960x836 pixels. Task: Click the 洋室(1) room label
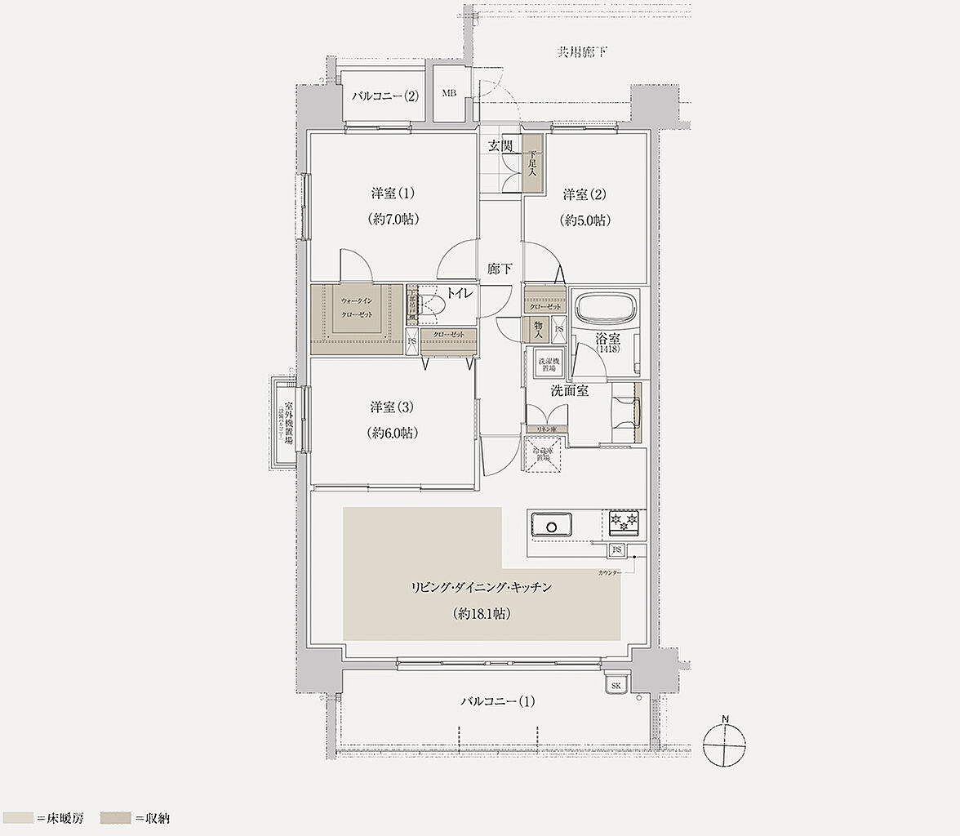[393, 194]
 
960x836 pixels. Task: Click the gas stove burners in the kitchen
[624, 519]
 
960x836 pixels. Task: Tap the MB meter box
[449, 94]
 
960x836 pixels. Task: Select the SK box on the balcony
[616, 686]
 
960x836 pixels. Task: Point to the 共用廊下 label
[582, 53]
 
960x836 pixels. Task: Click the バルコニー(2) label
[385, 96]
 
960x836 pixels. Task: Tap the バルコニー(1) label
[497, 701]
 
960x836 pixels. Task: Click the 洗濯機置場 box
[548, 365]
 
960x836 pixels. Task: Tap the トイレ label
[458, 294]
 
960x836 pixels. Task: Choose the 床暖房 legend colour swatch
[18, 817]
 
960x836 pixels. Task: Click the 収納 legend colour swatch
[116, 817]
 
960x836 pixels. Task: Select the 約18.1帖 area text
[482, 614]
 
